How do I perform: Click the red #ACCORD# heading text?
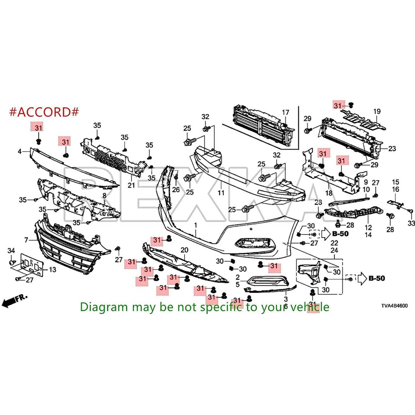44,112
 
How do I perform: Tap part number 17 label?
286,112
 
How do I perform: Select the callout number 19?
377,111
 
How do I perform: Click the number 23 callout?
392,149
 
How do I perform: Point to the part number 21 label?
131,185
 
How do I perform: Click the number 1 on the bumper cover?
196,225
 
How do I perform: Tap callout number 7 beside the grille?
26,240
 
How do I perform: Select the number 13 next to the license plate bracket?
52,269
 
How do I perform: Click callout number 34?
11,251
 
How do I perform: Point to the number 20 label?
185,250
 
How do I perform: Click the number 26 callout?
176,190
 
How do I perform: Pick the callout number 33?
411,223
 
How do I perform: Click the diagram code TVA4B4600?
394,306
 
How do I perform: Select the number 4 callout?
20,151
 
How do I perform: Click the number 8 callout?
104,196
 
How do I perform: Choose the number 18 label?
329,193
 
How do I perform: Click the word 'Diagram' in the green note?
100,307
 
